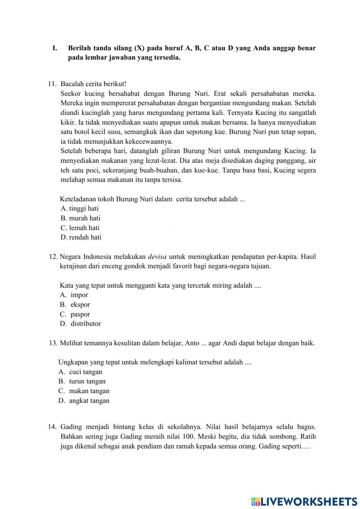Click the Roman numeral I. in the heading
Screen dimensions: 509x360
[55, 48]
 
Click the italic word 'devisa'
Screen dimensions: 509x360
[157, 257]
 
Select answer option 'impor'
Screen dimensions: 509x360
[79, 295]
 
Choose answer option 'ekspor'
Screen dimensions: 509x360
[80, 305]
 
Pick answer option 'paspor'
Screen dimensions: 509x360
[80, 314]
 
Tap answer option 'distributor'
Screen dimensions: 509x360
[86, 324]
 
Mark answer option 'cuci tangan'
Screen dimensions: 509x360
[86, 372]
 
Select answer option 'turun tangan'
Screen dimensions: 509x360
[87, 381]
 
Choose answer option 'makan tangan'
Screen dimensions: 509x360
[89, 391]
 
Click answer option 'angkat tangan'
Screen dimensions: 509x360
[89, 401]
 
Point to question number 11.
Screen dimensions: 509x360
[52, 84]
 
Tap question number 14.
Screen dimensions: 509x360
[52, 427]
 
